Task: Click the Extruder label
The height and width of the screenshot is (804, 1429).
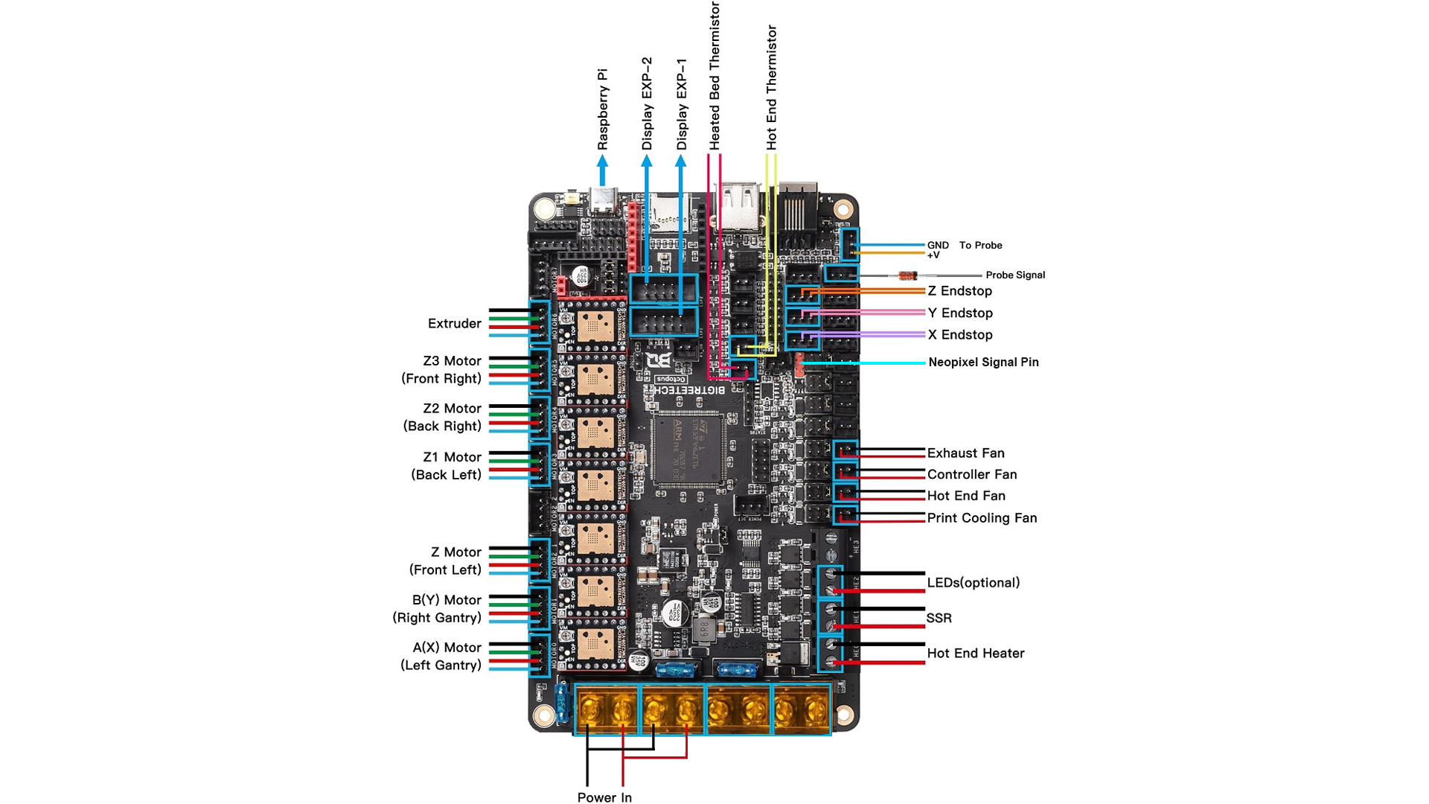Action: [x=454, y=324]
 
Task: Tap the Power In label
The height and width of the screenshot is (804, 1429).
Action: [x=604, y=797]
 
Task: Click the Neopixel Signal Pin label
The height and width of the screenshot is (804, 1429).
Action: [x=983, y=363]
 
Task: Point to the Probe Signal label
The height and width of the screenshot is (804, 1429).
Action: [x=1015, y=275]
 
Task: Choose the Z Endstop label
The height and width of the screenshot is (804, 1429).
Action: [x=959, y=291]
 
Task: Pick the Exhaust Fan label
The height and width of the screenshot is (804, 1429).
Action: [x=965, y=453]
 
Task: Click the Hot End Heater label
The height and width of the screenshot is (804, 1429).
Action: [x=975, y=654]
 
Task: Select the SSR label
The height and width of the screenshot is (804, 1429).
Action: [x=939, y=618]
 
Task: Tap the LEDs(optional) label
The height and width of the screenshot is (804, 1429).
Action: [x=973, y=583]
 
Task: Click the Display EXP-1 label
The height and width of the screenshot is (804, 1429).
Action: [x=682, y=104]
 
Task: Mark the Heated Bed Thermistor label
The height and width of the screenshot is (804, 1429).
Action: [x=714, y=76]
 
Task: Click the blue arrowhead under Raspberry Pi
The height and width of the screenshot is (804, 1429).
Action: [x=602, y=161]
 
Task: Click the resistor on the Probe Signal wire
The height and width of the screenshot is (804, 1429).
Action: [x=907, y=275]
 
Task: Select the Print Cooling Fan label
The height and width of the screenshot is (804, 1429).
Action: [x=982, y=518]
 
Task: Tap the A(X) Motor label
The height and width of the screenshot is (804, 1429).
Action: [x=447, y=648]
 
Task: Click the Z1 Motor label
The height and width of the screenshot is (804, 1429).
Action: [x=452, y=457]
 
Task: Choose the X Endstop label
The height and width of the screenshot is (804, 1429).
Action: [x=959, y=335]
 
